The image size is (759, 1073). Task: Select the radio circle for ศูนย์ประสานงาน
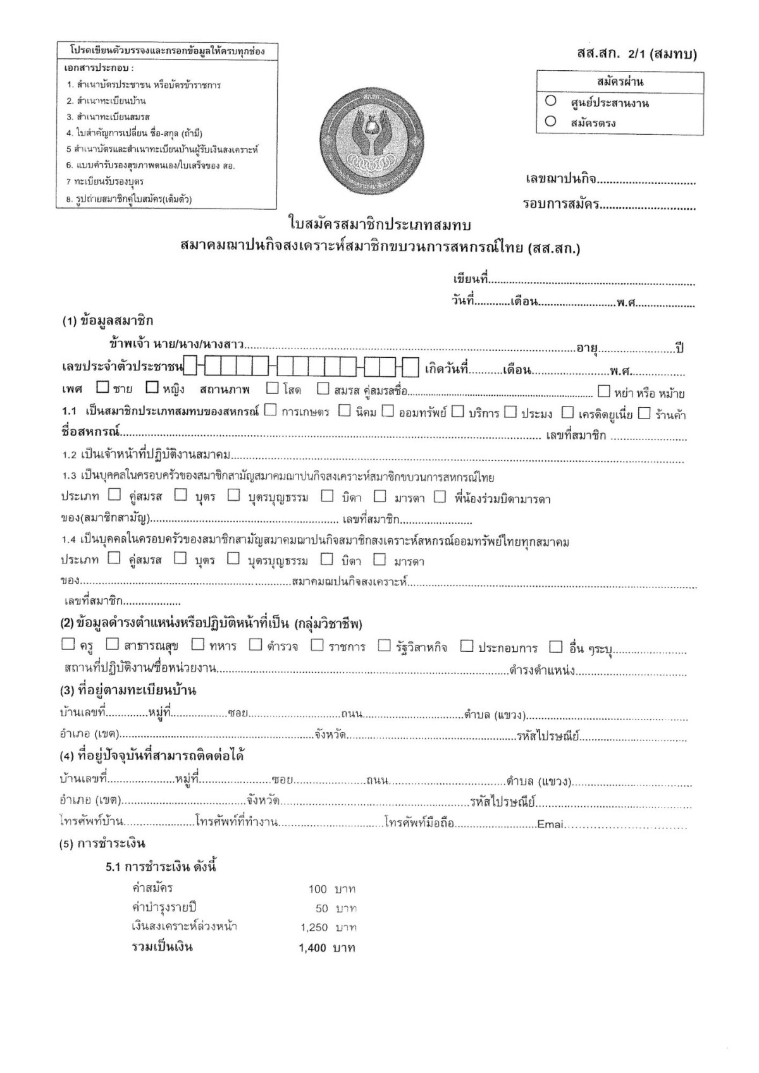pos(550,101)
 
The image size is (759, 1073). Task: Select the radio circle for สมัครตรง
pos(550,121)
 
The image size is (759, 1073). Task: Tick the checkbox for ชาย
pos(102,387)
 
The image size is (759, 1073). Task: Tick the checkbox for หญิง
pos(152,387)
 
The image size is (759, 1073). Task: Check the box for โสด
pos(273,388)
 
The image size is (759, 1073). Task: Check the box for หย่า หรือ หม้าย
pos(603,391)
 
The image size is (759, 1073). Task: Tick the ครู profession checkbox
pos(68,644)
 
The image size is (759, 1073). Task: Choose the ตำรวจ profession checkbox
pos(256,644)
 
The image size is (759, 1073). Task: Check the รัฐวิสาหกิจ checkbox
pos(385,645)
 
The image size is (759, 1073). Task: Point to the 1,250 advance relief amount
pos(314,928)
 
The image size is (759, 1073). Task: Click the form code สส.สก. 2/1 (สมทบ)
pos(636,54)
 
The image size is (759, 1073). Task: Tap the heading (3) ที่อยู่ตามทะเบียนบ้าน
pos(128,690)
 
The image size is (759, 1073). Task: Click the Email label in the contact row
pos(550,825)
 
